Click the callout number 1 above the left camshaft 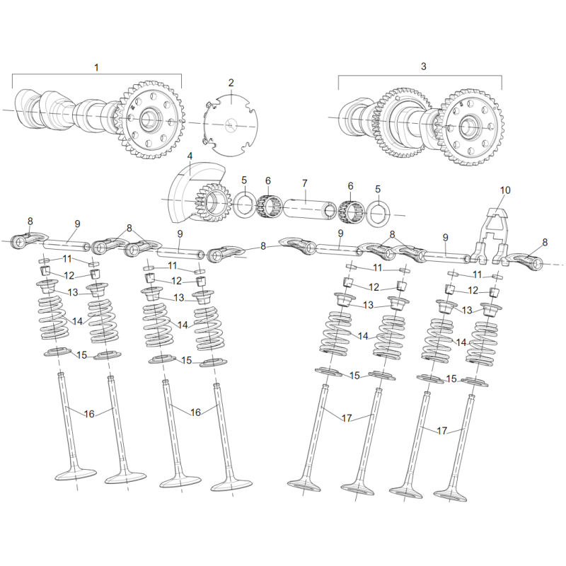(x=96, y=67)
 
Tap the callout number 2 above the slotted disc (x=231, y=83)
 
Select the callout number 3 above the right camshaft (x=423, y=67)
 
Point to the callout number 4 (x=190, y=156)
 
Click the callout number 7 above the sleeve (x=305, y=183)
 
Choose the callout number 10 (x=505, y=190)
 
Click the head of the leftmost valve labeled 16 (x=76, y=474)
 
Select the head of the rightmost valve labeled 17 (x=450, y=495)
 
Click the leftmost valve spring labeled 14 (x=54, y=318)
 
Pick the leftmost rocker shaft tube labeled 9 (x=67, y=245)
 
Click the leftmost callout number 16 (x=89, y=414)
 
